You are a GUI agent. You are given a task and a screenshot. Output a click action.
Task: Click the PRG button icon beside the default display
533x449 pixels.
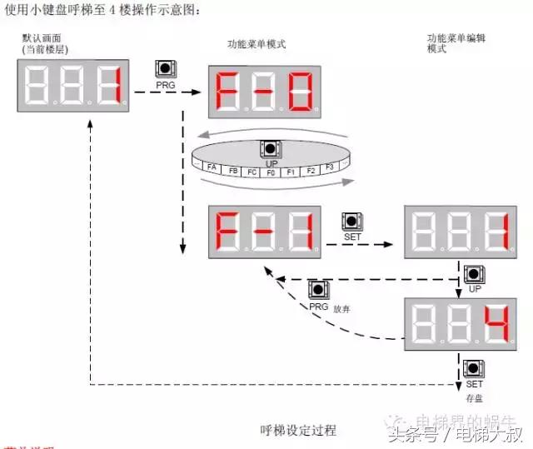tap(165, 69)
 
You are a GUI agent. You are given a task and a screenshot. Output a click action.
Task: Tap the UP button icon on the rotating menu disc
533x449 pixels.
tap(271, 150)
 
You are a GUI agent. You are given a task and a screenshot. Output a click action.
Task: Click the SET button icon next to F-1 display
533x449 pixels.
tap(352, 222)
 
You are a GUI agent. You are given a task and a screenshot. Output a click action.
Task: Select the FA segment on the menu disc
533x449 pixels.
tap(212, 167)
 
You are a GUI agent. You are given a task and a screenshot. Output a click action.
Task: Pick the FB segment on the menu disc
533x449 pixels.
tap(233, 171)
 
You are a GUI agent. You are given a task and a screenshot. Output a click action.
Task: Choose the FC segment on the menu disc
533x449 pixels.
tap(252, 172)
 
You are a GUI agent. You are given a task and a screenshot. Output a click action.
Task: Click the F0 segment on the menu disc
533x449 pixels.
tap(271, 172)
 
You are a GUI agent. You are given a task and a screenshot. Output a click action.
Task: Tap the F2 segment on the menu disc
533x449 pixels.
tap(310, 170)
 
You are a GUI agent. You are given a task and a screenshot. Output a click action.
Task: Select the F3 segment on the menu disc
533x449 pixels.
tap(329, 167)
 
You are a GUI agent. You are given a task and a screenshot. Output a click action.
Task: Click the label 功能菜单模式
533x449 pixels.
tap(257, 44)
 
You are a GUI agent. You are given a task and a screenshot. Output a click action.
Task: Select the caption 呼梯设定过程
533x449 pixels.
tap(298, 431)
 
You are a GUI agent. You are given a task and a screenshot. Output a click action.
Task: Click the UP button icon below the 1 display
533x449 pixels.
tap(475, 274)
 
